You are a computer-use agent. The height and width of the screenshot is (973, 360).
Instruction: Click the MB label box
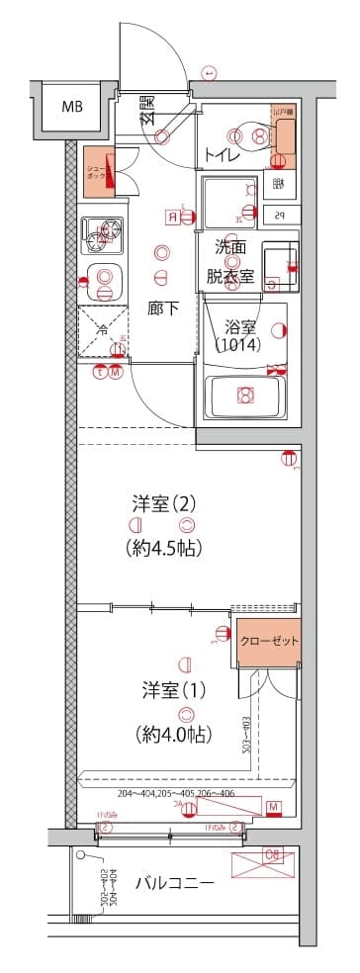pos(72,107)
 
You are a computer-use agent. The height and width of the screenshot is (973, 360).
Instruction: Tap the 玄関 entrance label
pos(146,109)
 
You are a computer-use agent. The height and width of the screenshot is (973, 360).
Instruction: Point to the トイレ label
pos(219,155)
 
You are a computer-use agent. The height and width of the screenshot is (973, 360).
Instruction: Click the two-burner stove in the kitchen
pos(103,234)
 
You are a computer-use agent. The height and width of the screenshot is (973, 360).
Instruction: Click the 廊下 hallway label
pos(163,309)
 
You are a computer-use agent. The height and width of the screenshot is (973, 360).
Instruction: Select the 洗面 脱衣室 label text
pos(230,263)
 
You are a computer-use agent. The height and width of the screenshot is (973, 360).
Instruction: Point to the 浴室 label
pos(240,325)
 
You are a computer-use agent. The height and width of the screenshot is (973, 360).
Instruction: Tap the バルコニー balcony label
pos(174,883)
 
